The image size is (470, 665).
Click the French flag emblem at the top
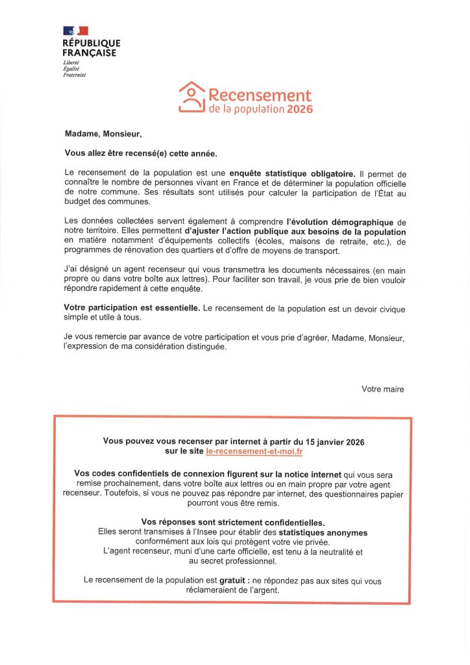click(76, 31)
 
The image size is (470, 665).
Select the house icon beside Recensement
click(192, 97)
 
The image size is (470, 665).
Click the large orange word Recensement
click(260, 96)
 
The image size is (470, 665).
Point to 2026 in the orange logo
click(300, 110)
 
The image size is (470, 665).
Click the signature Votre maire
click(382, 389)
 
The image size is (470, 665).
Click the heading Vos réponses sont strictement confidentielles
click(232, 523)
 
